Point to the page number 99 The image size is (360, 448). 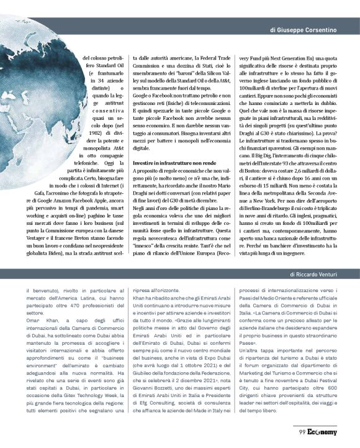pos(301,432)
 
